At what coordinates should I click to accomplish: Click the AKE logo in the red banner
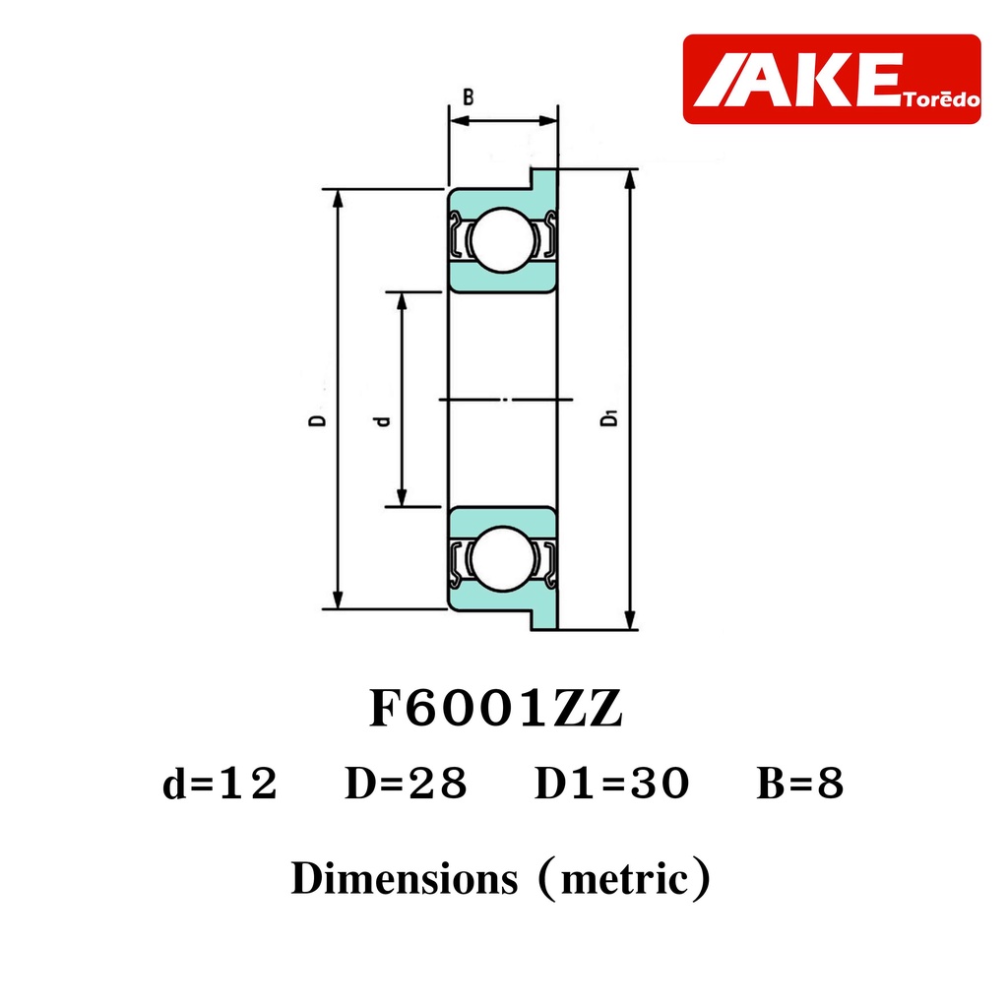coord(796,80)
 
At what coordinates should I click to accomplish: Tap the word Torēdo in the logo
coord(941,99)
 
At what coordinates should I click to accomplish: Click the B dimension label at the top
coord(469,97)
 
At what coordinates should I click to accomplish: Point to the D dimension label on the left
coord(318,419)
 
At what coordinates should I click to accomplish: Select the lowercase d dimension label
coord(383,421)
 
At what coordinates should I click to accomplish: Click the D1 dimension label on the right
coord(608,417)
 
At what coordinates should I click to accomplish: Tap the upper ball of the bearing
coord(503,240)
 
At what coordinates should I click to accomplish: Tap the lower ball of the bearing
coord(503,559)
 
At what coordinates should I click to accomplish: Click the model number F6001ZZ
coord(496,709)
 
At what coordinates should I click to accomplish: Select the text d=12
coord(220,784)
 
